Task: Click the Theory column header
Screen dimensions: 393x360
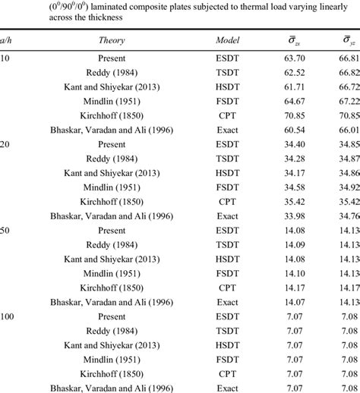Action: tap(112, 40)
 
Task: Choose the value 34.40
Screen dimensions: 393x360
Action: tap(292, 156)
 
